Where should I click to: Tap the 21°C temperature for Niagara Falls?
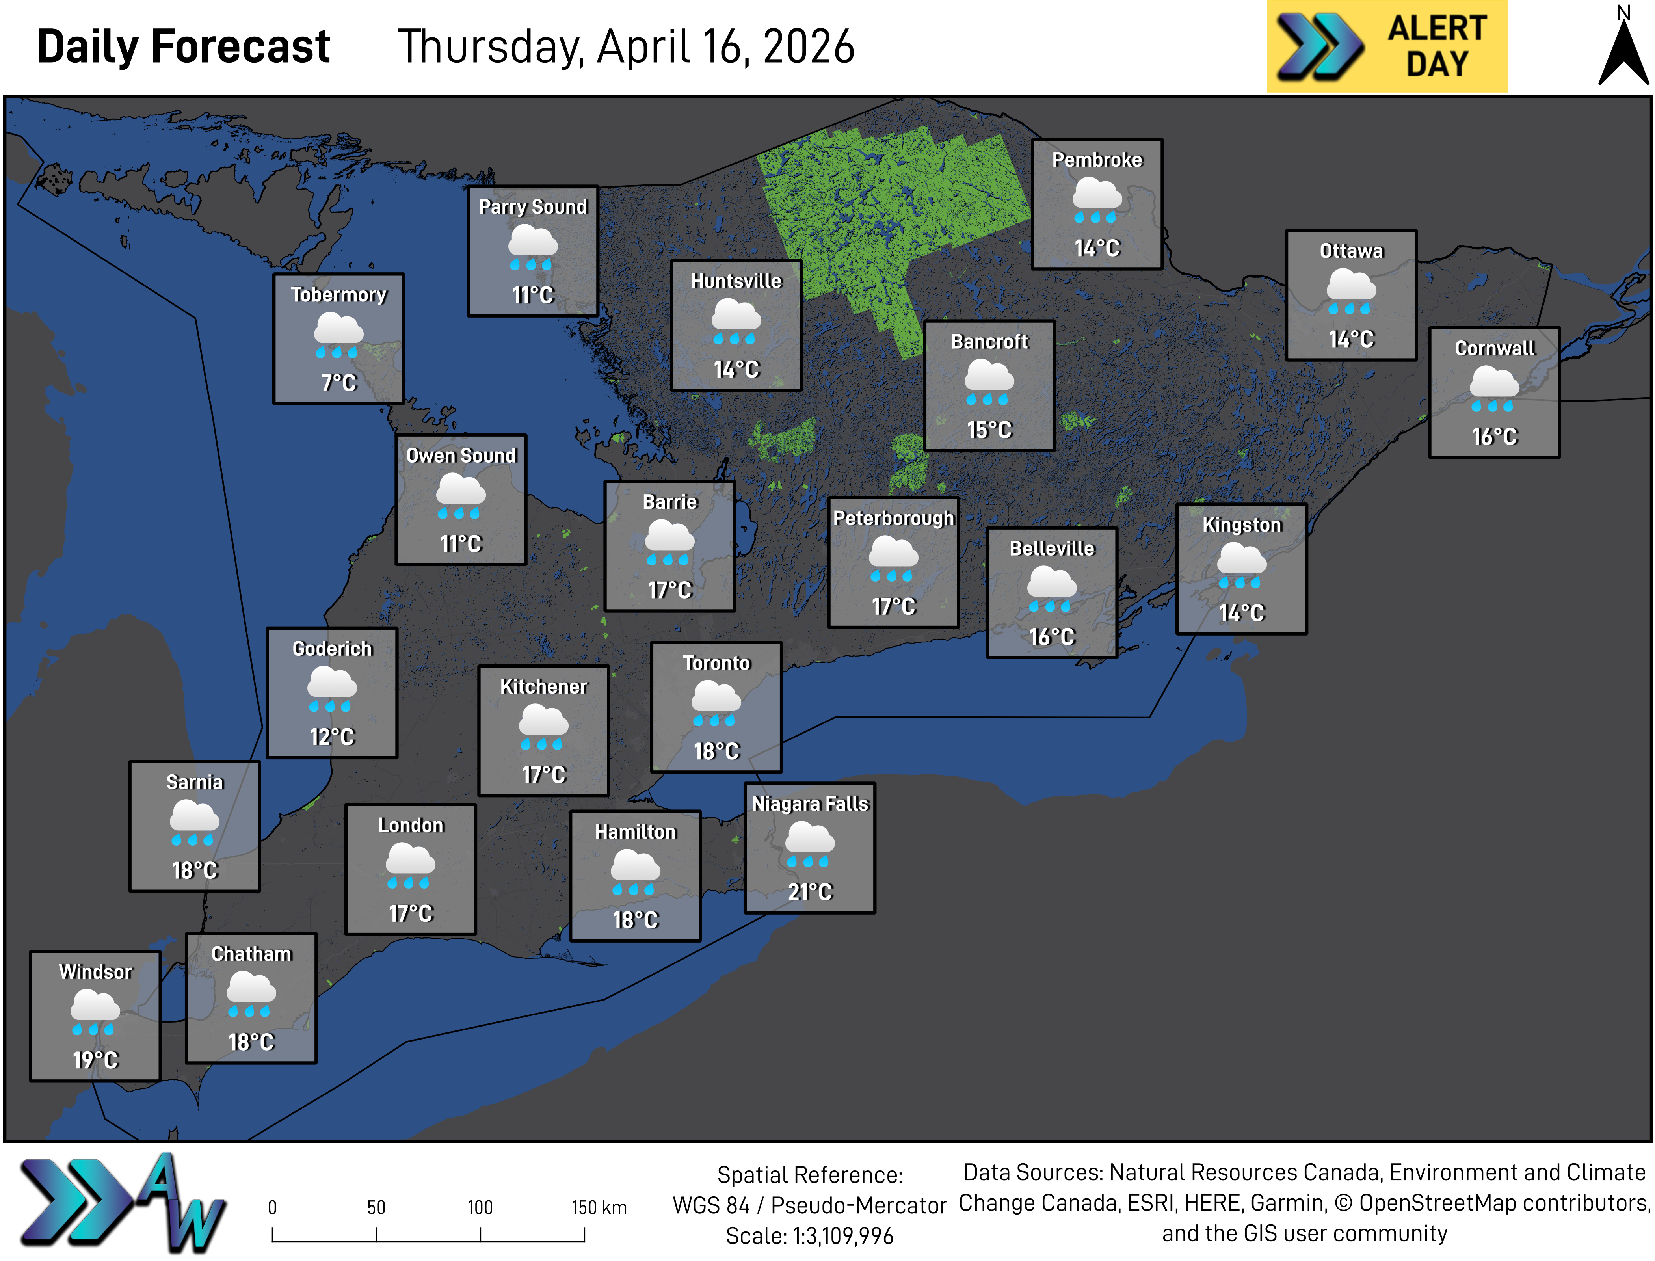point(810,892)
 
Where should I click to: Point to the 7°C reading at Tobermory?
point(338,383)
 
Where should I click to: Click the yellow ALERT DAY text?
point(1437,46)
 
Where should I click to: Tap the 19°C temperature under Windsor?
point(95,1060)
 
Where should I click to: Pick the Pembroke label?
point(1097,160)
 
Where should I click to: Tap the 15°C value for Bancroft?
point(989,430)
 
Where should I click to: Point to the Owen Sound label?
point(461,456)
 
